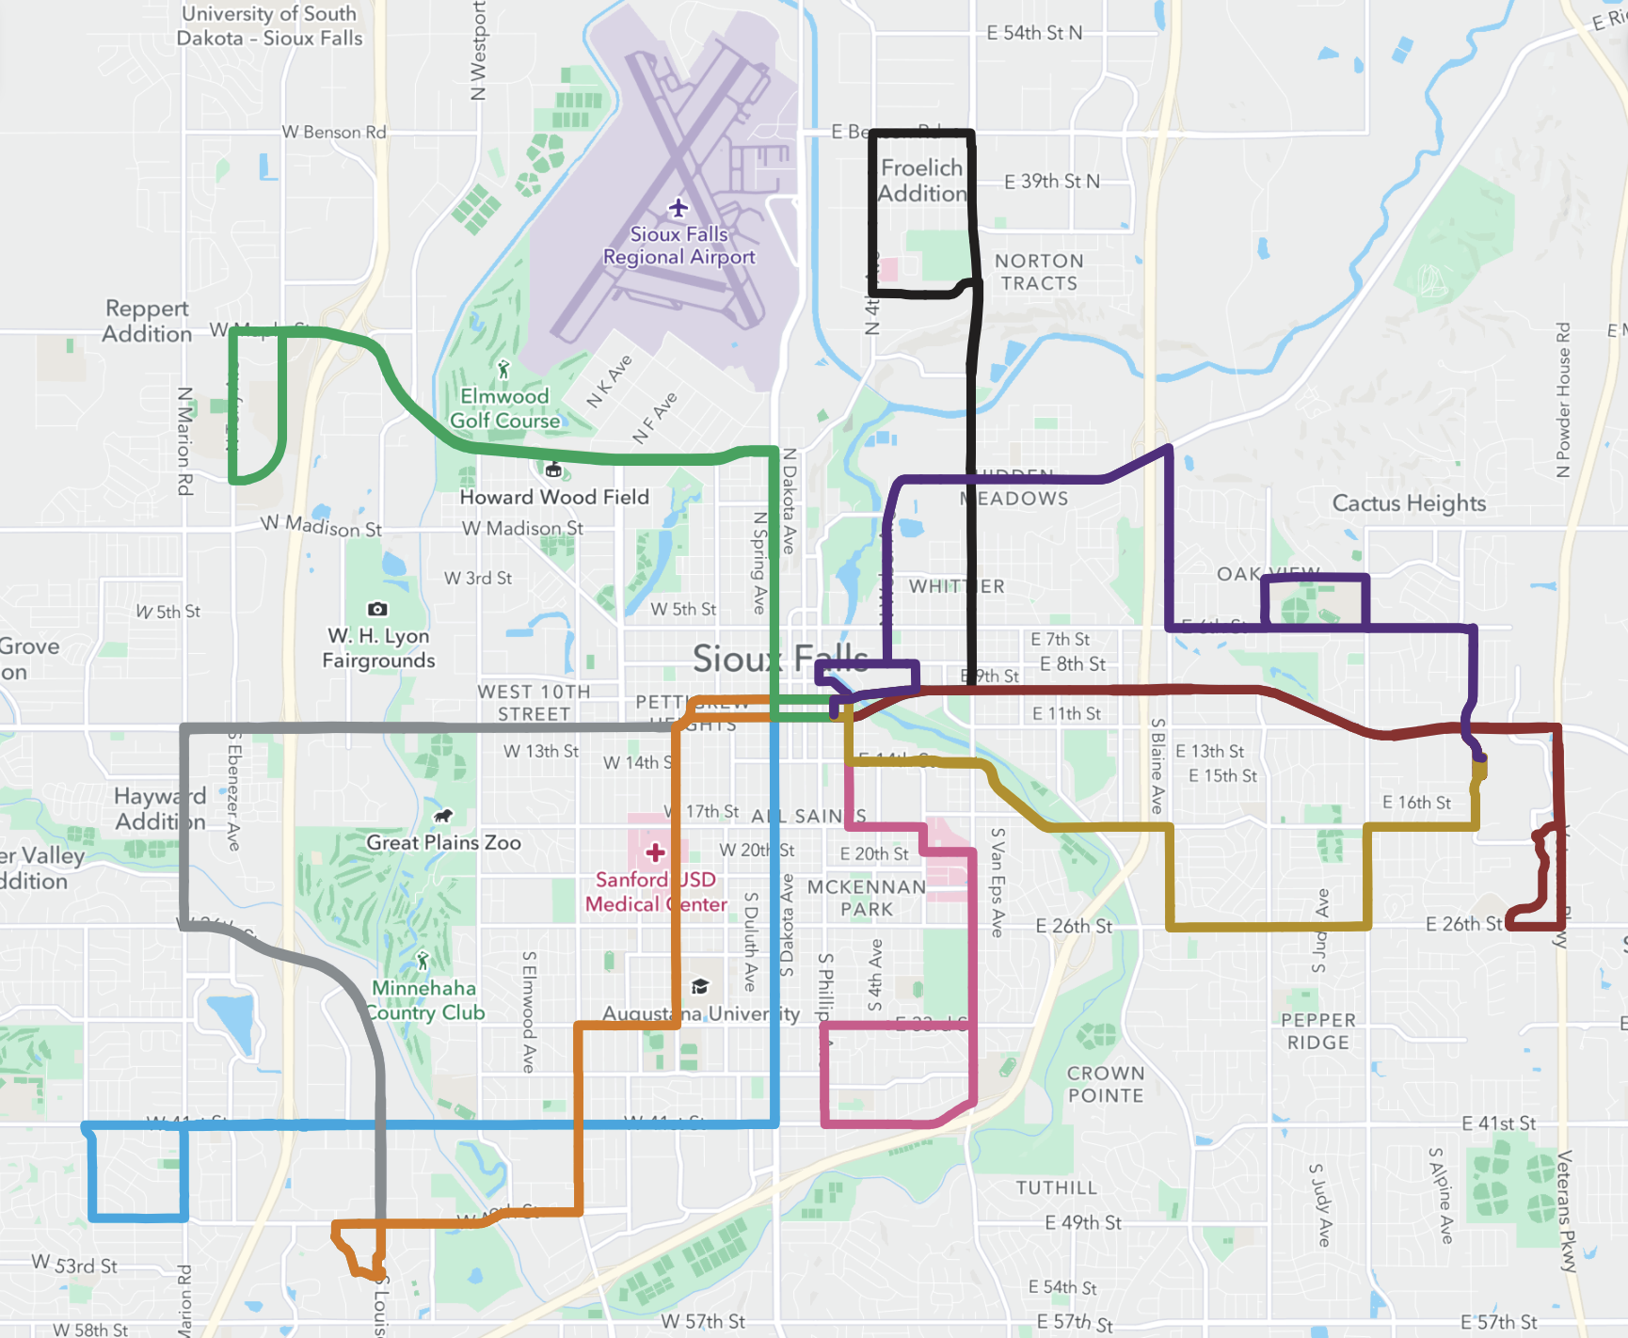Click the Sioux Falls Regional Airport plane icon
coord(678,208)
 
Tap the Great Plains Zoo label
coord(443,842)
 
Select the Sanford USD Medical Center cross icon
coord(655,852)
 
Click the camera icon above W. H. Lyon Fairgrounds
coord(377,609)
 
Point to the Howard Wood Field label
coord(554,497)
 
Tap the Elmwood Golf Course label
coord(504,408)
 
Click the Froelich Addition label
coord(922,181)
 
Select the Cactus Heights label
coord(1409,503)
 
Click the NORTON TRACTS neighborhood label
coord(1039,272)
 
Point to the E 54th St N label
coord(1034,33)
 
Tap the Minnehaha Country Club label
coord(425,1000)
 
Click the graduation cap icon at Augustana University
coord(700,986)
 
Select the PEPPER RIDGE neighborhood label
coord(1318,1031)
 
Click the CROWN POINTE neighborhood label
coord(1106,1084)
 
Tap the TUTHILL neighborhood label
coord(1056,1187)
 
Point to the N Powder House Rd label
coord(1563,401)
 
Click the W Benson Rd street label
coord(334,133)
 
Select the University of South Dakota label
coord(269,25)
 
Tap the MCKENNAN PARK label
coord(866,898)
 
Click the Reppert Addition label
coord(147,321)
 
